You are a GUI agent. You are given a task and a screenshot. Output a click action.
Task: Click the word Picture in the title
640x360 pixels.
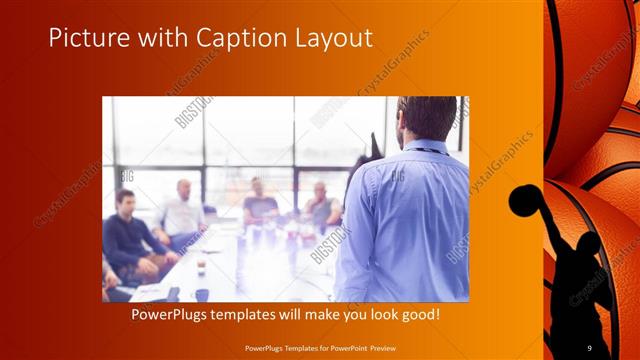click(84, 38)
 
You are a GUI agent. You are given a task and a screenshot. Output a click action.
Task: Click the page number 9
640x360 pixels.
click(590, 348)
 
